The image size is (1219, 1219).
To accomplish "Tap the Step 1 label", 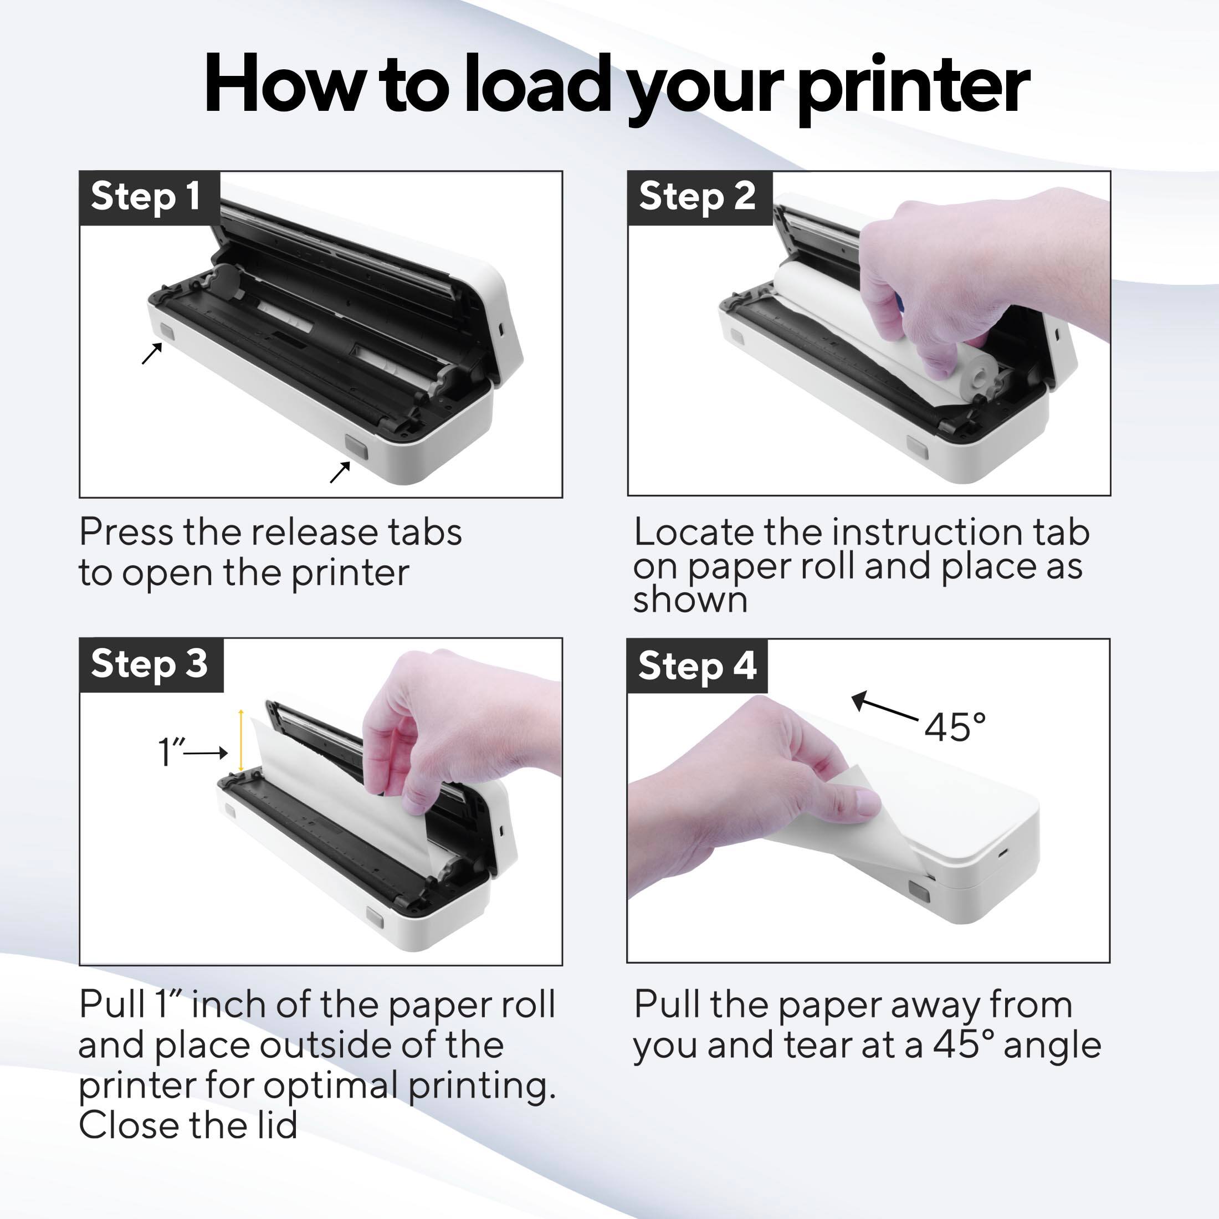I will (x=146, y=196).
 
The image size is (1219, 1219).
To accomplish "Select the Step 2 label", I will (x=697, y=196).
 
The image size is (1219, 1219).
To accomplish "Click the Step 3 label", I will (x=149, y=664).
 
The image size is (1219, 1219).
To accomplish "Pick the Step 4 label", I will (x=696, y=665).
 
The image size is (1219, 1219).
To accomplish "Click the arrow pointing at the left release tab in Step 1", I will (x=151, y=354).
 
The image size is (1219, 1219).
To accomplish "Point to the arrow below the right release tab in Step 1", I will (x=340, y=472).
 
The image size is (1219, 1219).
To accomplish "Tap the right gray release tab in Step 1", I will (x=356, y=446).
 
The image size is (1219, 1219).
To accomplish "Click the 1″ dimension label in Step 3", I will (x=170, y=752).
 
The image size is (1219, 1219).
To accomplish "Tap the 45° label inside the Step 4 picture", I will (x=955, y=727).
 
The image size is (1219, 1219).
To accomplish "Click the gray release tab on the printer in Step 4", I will (x=919, y=892).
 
